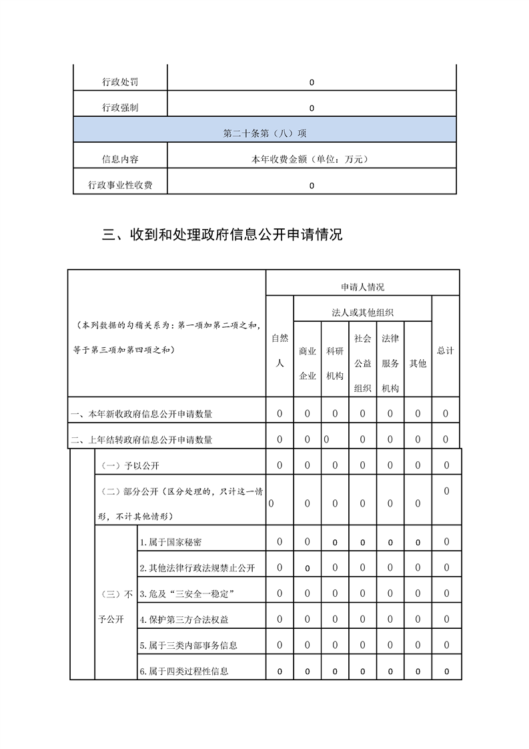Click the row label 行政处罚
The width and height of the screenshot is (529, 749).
coord(120,82)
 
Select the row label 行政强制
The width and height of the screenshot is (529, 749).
coord(120,107)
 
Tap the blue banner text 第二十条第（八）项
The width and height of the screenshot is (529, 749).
coord(264,133)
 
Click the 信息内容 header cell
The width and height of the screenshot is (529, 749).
coord(120,160)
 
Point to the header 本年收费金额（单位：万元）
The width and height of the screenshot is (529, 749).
coord(311,160)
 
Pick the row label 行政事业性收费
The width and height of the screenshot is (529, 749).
coord(120,185)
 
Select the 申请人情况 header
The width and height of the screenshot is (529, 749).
coord(362,287)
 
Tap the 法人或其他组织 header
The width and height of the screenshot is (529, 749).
coord(362,312)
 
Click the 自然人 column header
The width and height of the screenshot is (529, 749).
coord(280,350)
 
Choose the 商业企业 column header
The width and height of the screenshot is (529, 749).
coord(308,363)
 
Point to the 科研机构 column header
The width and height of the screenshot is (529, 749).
coord(335,363)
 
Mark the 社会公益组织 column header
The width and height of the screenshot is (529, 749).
coord(362,363)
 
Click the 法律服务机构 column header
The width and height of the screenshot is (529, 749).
coord(390,363)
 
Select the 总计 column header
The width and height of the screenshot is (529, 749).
coord(446,350)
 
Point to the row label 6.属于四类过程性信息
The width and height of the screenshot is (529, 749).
coord(184,671)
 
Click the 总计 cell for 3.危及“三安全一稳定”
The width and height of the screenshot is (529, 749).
coord(446,593)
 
